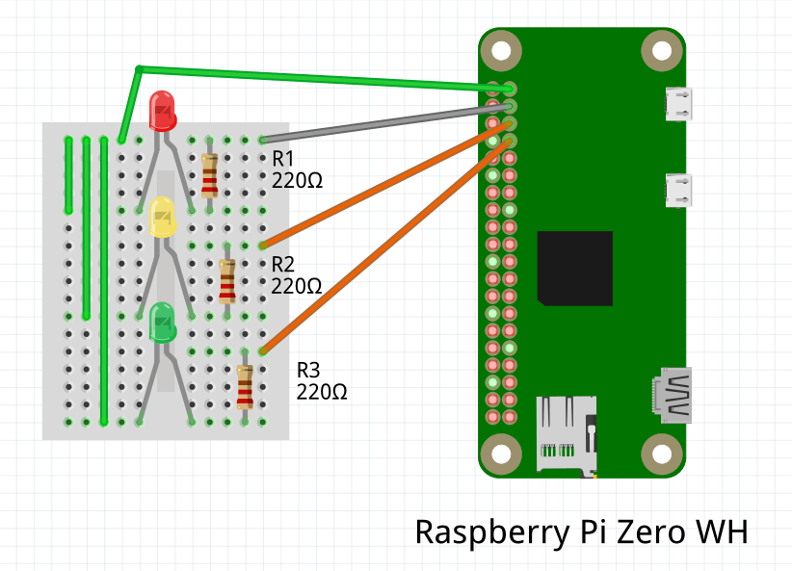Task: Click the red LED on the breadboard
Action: pyautogui.click(x=162, y=109)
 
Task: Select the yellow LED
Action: pyautogui.click(x=163, y=218)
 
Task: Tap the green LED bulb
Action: pyautogui.click(x=162, y=323)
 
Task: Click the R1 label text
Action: pyautogui.click(x=283, y=158)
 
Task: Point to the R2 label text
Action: pyautogui.click(x=283, y=264)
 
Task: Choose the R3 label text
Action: pyautogui.click(x=308, y=370)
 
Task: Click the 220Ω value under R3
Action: pyautogui.click(x=322, y=392)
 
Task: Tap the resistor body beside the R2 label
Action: pyautogui.click(x=226, y=280)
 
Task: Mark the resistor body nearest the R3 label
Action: pyautogui.click(x=246, y=386)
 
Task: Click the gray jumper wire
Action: pyautogui.click(x=376, y=123)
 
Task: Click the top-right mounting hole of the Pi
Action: pyautogui.click(x=661, y=49)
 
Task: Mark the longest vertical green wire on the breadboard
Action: pyautogui.click(x=104, y=280)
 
